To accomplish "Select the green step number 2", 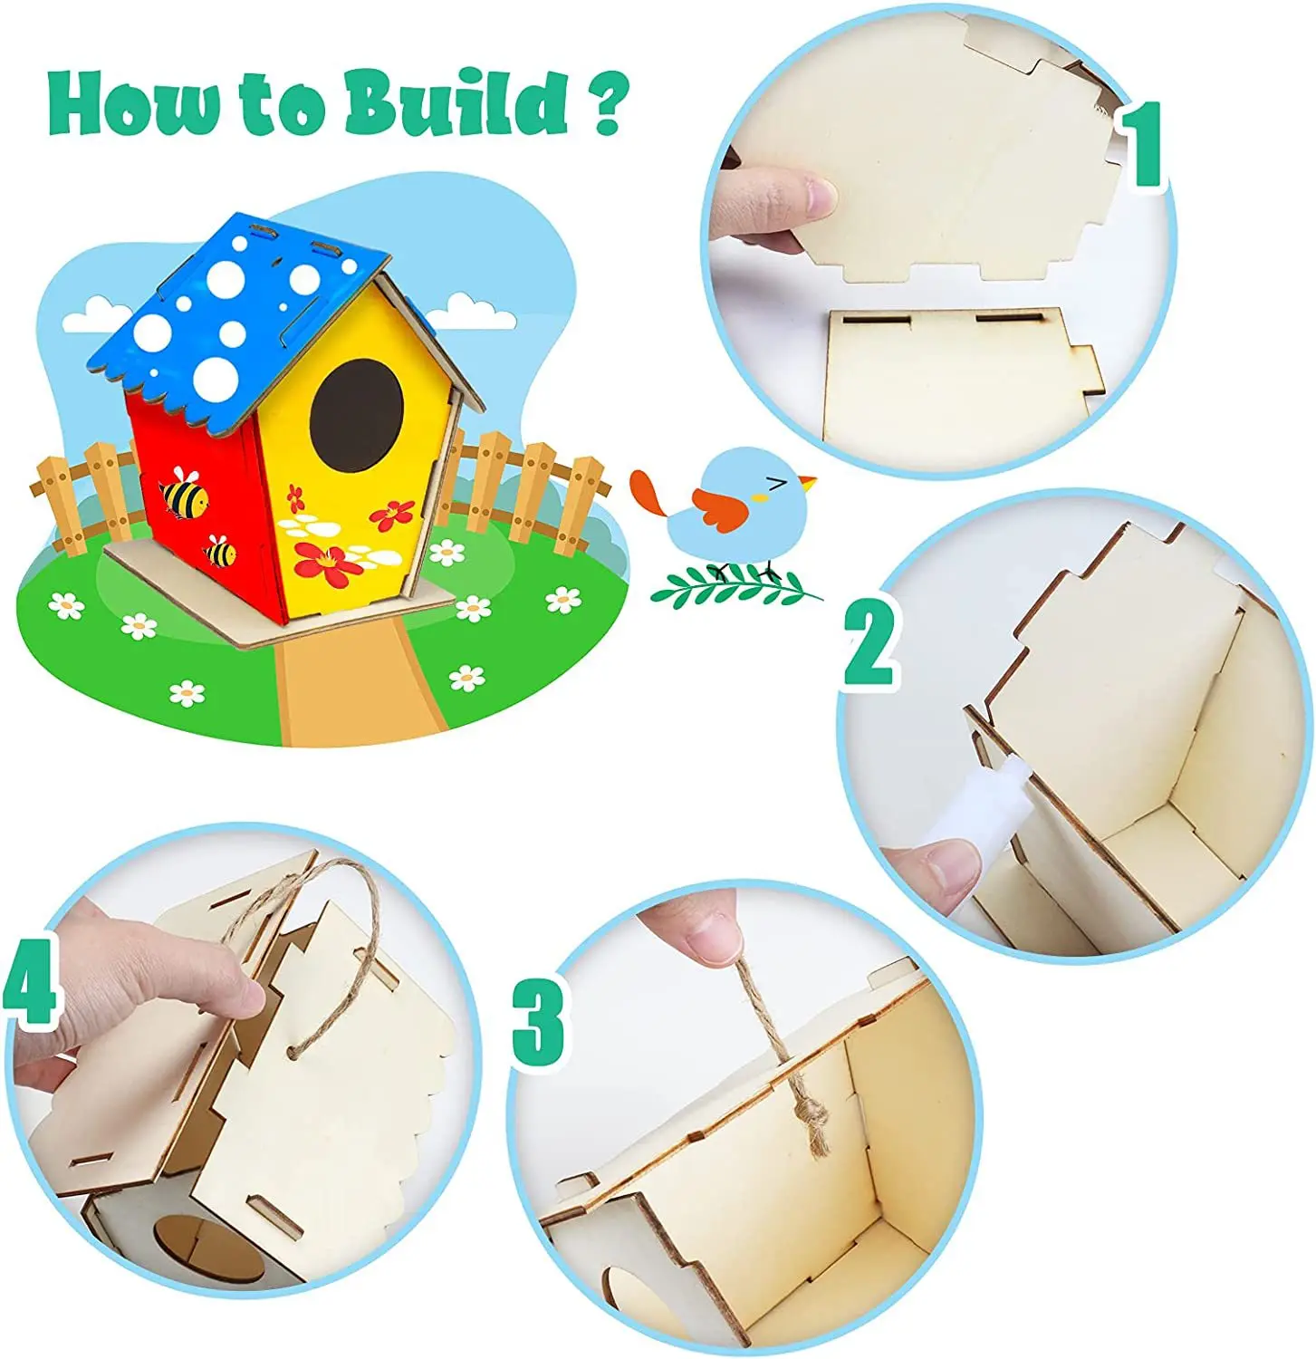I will (870, 645).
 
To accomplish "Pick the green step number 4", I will (29, 981).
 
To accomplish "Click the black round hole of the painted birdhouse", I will (356, 415).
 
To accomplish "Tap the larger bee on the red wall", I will (184, 495).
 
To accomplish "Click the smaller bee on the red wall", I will (220, 551).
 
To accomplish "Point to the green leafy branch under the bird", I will (734, 589).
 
